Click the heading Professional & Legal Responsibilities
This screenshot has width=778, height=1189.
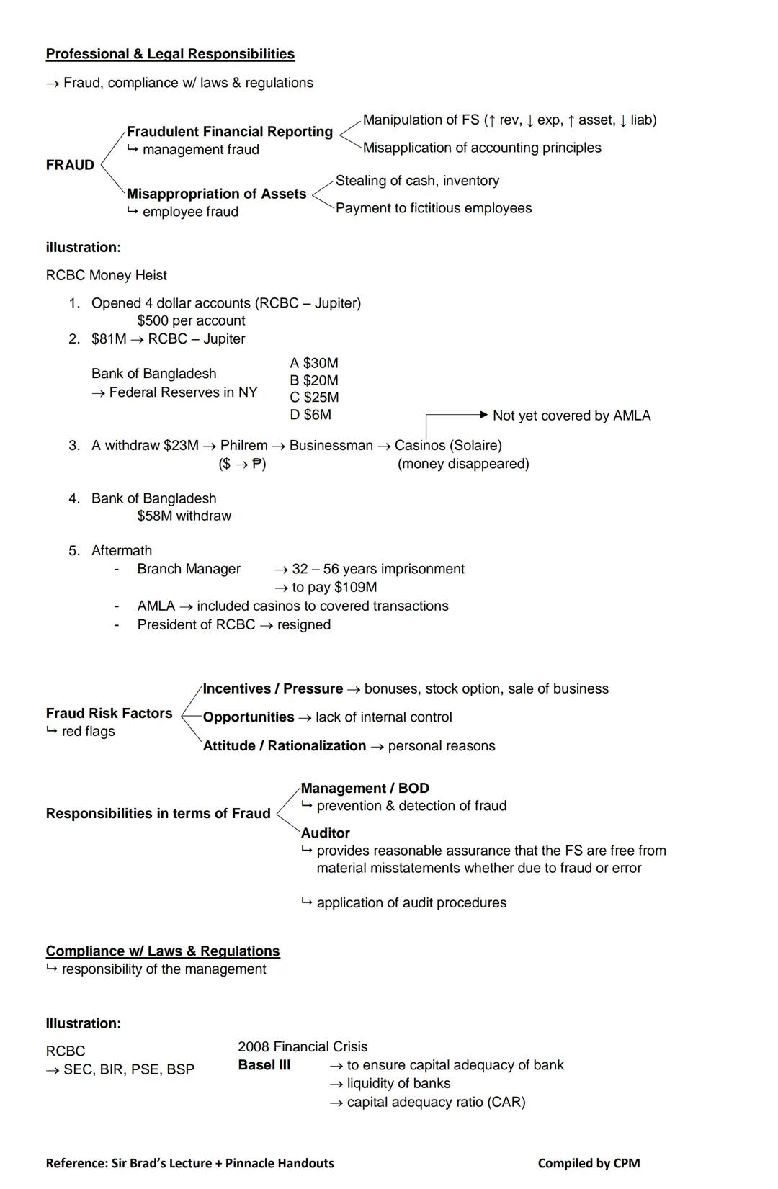[170, 54]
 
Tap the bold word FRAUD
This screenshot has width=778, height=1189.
[70, 165]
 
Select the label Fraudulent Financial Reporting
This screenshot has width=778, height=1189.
[230, 132]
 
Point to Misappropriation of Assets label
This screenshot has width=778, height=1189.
[216, 194]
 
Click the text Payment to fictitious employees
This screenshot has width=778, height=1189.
[434, 208]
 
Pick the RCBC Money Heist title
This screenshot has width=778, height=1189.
[106, 275]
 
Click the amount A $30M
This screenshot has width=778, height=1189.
[313, 363]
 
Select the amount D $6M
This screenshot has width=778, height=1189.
[310, 415]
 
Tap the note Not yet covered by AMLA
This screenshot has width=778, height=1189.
[571, 416]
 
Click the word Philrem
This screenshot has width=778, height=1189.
[243, 445]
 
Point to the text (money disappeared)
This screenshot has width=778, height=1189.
[463, 464]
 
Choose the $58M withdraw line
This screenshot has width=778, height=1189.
[184, 516]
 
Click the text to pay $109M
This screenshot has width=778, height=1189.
[334, 587]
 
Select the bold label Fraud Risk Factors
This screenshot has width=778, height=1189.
[109, 713]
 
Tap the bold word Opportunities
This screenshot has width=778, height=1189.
[249, 717]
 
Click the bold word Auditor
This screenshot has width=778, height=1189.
[325, 833]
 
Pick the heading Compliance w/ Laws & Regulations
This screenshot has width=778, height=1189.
[163, 951]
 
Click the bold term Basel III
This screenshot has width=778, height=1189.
[264, 1065]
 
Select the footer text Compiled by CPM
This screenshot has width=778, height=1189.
[589, 1163]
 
